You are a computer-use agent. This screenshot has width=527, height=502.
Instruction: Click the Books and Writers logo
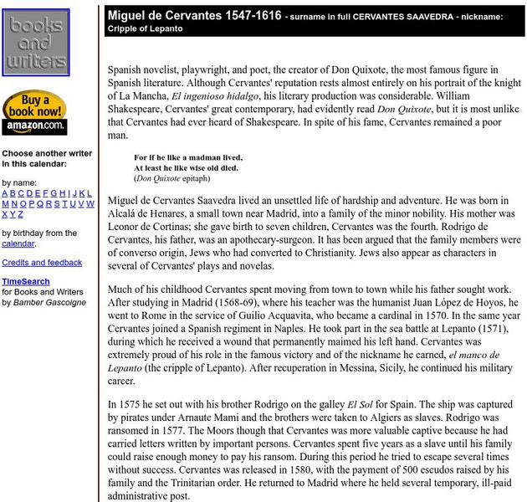tap(36, 43)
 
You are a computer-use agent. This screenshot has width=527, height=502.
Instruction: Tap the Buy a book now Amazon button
tap(34, 113)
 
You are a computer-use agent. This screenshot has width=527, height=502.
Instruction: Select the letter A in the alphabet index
tap(5, 192)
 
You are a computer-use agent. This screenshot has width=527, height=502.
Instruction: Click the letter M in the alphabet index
tap(5, 203)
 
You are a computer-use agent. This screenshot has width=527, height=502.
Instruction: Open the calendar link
tap(18, 243)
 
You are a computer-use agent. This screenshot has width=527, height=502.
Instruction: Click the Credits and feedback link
tap(42, 263)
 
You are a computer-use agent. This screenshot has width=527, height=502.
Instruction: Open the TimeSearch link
tap(25, 282)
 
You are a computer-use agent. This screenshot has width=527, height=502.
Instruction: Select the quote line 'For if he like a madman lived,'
tap(188, 156)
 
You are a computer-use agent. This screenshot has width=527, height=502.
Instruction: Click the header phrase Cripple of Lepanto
tap(145, 28)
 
